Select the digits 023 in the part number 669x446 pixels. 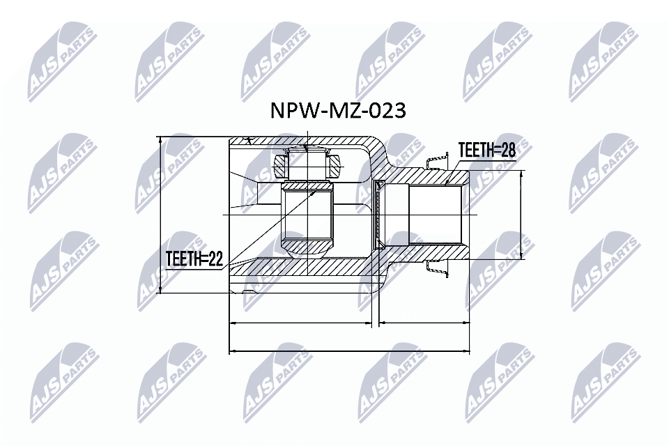coord(385,111)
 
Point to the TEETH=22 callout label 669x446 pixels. coord(194,259)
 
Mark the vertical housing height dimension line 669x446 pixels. coord(161,215)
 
